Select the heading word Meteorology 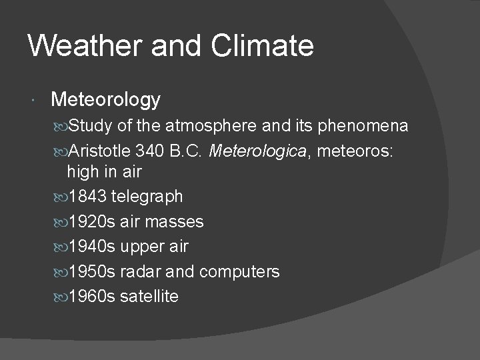point(105,100)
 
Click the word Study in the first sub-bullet point(90,126)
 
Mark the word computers point(239,271)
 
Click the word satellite point(149,296)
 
